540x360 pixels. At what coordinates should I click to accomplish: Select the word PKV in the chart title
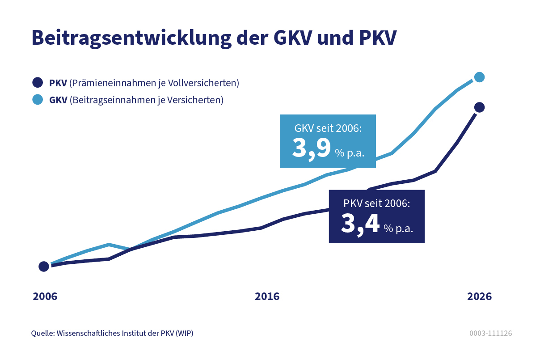(378, 38)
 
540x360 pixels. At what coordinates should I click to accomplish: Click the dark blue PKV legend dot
(38, 83)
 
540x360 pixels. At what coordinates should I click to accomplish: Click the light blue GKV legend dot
(38, 99)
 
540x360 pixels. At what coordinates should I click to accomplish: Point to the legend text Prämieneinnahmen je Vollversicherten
(154, 83)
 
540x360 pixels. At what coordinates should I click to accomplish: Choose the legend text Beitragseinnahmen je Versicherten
(146, 100)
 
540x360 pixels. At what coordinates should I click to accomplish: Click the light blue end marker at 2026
(479, 77)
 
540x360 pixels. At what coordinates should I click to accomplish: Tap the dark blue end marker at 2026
(479, 107)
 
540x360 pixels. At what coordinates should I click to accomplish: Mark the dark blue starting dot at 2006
(44, 267)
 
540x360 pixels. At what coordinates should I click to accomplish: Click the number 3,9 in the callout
(311, 148)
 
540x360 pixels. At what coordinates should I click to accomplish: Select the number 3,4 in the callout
(360, 224)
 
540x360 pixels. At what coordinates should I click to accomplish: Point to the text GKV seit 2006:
(328, 128)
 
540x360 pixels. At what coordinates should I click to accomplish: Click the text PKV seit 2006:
(376, 204)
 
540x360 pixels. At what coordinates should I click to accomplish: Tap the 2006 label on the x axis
(45, 297)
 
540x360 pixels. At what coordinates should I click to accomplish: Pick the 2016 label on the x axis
(267, 297)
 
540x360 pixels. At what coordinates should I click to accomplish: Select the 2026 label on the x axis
(479, 297)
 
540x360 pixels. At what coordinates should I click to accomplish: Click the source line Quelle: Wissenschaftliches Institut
(112, 334)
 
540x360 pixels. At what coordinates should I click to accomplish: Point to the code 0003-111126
(490, 334)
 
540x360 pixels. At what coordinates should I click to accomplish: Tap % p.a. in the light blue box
(350, 153)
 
